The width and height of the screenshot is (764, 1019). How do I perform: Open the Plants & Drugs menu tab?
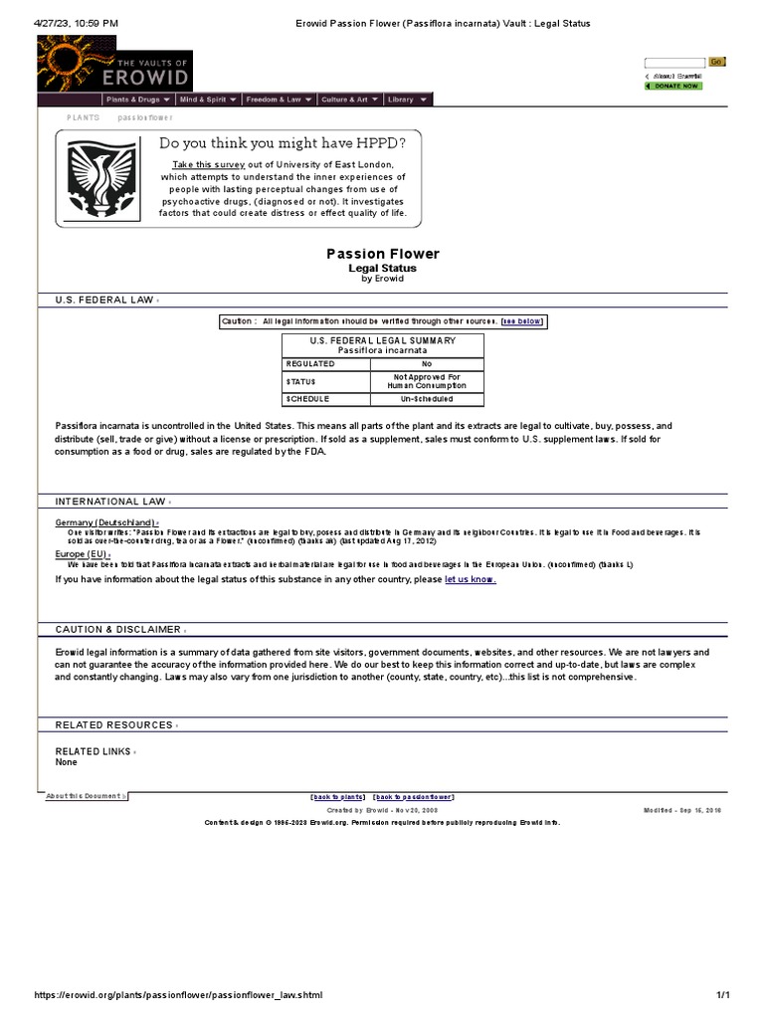click(x=138, y=100)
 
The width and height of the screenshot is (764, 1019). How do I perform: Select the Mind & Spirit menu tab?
click(x=208, y=100)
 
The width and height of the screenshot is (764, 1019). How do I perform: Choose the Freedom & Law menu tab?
click(x=279, y=100)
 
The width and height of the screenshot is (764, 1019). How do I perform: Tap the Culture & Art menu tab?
click(x=349, y=100)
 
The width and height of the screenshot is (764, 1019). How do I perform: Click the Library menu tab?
click(x=408, y=100)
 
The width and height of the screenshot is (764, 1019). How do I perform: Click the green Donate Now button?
click(x=673, y=87)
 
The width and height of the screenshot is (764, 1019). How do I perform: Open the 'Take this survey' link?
click(x=209, y=164)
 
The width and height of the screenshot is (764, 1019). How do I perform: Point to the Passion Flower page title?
click(x=383, y=254)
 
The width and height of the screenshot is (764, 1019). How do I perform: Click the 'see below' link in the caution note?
click(x=522, y=321)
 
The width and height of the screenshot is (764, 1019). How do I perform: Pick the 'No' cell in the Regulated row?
click(x=426, y=364)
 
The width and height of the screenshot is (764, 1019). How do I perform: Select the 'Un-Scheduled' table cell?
click(x=426, y=399)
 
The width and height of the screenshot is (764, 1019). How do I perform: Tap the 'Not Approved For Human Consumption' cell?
click(x=426, y=381)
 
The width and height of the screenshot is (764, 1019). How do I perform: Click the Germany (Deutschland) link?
click(x=105, y=522)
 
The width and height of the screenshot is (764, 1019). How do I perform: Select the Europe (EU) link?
click(x=82, y=553)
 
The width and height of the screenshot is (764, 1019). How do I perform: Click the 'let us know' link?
click(x=470, y=579)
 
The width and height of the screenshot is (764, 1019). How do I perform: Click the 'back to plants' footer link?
click(x=338, y=797)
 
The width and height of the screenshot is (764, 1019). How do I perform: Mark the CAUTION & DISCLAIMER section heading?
click(x=118, y=630)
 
